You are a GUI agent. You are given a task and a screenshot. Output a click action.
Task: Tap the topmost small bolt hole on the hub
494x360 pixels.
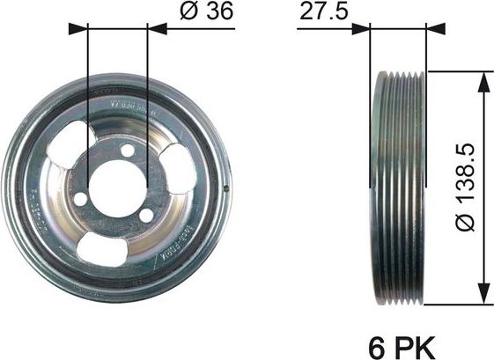128,151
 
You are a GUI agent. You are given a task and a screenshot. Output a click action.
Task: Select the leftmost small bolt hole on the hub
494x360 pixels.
81,200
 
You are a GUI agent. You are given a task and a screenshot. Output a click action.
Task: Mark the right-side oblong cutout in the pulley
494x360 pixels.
180,168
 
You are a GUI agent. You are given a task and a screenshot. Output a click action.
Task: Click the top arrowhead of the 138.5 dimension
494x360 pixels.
483,80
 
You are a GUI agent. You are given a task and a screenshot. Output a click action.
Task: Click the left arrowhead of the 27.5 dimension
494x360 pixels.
360,28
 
